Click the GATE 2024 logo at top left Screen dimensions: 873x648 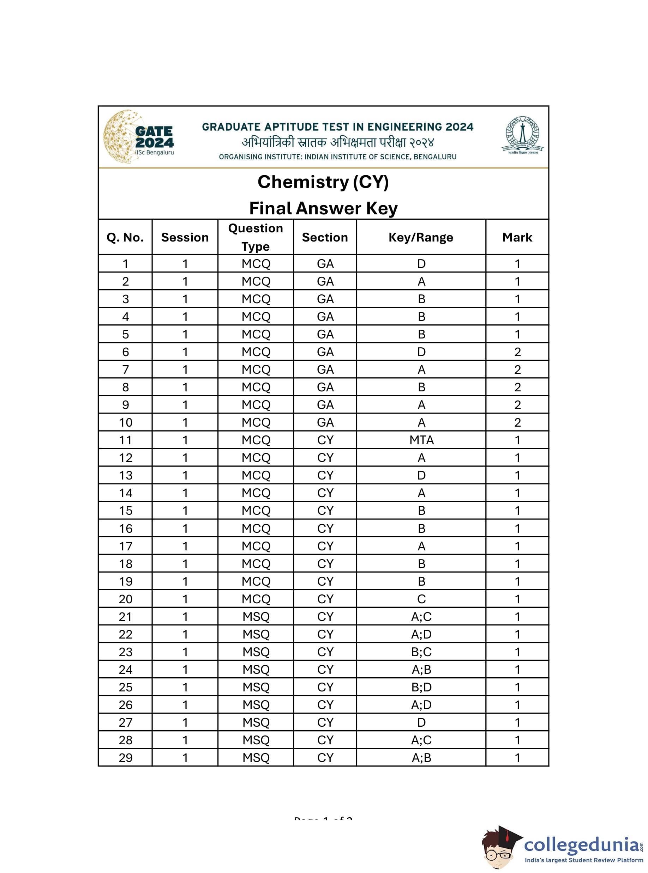[138, 137]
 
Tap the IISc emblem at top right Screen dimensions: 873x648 [522, 135]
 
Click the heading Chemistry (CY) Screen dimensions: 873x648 [323, 182]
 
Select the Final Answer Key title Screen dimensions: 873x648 [323, 208]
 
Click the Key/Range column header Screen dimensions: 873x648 [421, 237]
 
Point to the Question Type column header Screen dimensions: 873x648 [256, 237]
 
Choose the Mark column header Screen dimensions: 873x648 [517, 237]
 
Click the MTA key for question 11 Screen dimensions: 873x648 [421, 440]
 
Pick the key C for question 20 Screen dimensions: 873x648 [421, 599]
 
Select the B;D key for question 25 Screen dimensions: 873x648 [421, 687]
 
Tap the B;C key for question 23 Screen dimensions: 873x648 [421, 652]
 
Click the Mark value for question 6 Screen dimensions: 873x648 [517, 352]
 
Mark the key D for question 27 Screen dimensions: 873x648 [421, 722]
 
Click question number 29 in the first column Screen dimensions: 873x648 [126, 758]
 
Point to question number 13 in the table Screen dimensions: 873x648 [126, 475]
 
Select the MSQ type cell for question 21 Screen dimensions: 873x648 [256, 617]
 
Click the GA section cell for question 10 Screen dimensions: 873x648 [325, 422]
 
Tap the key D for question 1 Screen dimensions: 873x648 [421, 264]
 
